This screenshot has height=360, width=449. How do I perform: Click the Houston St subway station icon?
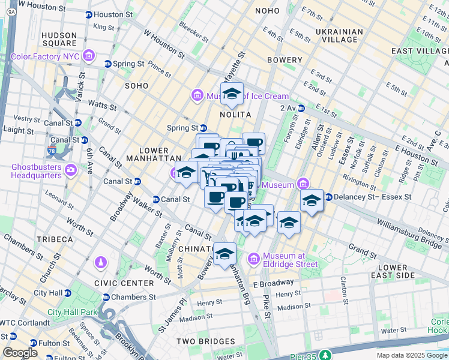click(88, 14)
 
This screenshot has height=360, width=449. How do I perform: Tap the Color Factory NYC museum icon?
click(89, 56)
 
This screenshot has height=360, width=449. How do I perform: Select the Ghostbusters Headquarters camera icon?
click(71, 170)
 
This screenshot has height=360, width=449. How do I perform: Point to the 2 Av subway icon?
click(301, 108)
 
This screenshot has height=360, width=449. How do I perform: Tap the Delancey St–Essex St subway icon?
click(328, 196)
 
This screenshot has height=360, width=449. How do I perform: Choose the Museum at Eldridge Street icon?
click(253, 259)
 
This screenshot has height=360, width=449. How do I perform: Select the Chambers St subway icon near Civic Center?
click(106, 297)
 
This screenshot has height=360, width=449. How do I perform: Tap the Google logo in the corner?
click(20, 352)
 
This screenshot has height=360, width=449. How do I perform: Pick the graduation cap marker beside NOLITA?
click(232, 94)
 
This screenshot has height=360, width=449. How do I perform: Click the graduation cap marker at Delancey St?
click(312, 200)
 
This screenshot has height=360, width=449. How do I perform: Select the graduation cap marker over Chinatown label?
click(224, 253)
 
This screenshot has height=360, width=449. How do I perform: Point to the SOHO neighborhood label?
click(136, 86)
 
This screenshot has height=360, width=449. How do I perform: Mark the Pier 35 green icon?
click(325, 355)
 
